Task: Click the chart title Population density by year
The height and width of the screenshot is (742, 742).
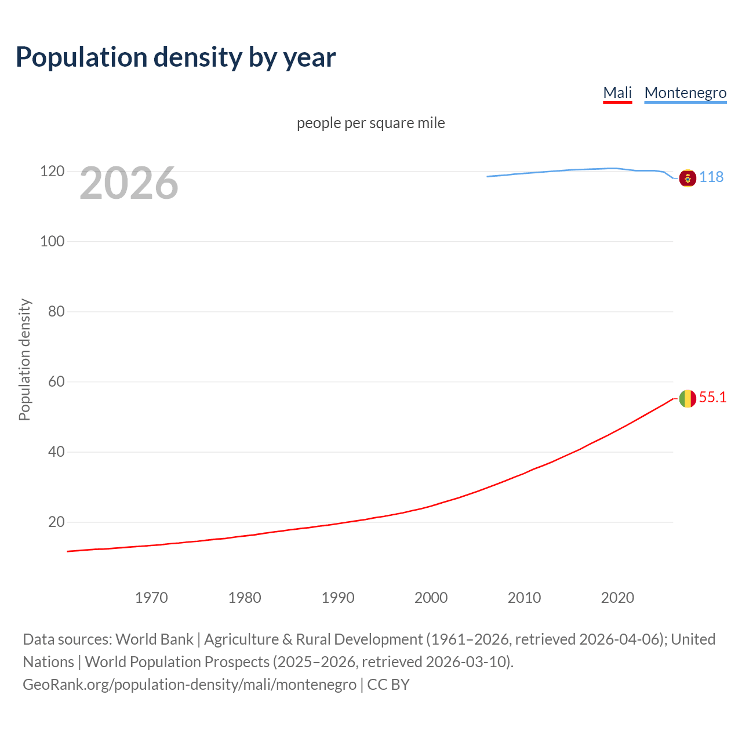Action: (176, 57)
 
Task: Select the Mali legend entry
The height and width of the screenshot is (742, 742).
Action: (617, 93)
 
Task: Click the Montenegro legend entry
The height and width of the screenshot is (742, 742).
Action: (685, 93)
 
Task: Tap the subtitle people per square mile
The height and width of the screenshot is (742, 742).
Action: (371, 123)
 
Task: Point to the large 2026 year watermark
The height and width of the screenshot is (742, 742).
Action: (129, 183)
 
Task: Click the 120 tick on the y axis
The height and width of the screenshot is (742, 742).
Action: (52, 172)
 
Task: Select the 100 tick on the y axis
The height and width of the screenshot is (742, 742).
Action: (52, 241)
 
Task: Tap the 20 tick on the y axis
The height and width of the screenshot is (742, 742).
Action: (56, 522)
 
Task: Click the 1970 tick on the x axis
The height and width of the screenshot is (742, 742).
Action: (151, 598)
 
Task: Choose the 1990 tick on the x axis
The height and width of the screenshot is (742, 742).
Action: (338, 598)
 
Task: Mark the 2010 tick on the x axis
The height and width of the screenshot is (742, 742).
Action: (524, 598)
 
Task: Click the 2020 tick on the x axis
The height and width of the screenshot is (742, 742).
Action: (617, 598)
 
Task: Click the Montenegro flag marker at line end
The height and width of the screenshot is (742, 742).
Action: (688, 178)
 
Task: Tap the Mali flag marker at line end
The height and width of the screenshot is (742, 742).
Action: (688, 398)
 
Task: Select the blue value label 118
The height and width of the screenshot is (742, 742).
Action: (711, 177)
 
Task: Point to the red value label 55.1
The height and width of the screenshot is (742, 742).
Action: (712, 397)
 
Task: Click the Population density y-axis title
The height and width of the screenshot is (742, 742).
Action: (24, 359)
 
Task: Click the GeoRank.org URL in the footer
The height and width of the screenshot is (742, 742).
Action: (190, 685)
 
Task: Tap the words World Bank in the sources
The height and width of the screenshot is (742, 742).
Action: (154, 639)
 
